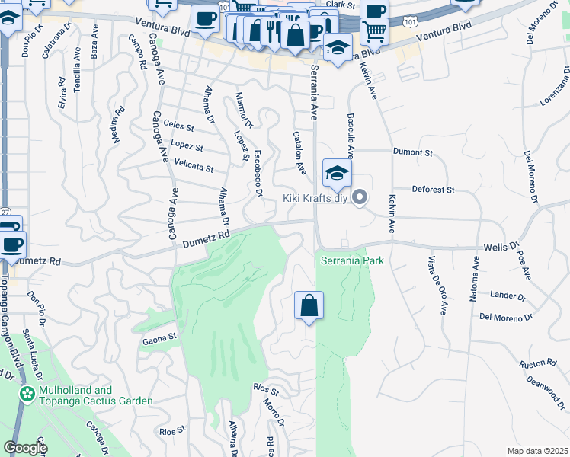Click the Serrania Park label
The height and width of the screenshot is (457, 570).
(351, 260)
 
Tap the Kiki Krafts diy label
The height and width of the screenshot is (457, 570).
(315, 199)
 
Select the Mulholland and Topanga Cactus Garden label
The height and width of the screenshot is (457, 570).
(86, 395)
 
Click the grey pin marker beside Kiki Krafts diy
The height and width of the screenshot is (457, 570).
(361, 198)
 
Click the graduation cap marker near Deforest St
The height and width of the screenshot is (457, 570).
(336, 173)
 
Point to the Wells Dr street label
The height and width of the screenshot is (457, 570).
(501, 247)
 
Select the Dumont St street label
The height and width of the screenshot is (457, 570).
(412, 152)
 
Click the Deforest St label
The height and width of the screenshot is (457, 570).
(433, 189)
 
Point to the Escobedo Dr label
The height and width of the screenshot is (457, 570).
(258, 173)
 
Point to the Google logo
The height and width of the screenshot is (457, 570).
(25, 448)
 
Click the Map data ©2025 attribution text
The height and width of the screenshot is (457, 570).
(537, 451)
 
